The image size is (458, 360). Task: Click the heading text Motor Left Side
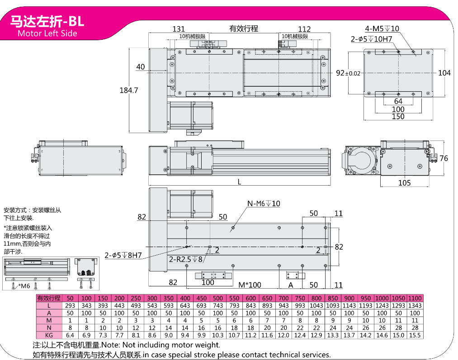pyautogui.click(x=47, y=33)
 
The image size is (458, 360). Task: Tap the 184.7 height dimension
pyautogui.click(x=128, y=90)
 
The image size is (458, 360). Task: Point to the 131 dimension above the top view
pyautogui.click(x=179, y=29)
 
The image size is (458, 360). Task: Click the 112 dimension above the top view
pyautogui.click(x=304, y=29)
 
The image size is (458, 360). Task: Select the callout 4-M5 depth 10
pyautogui.click(x=382, y=28)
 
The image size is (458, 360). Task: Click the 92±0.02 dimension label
pyautogui.click(x=348, y=73)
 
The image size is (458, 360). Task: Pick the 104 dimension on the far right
pyautogui.click(x=444, y=73)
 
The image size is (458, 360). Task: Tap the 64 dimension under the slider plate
pyautogui.click(x=398, y=101)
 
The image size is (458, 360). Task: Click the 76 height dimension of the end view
pyautogui.click(x=444, y=159)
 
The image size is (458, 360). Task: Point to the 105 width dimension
pyautogui.click(x=404, y=183)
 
